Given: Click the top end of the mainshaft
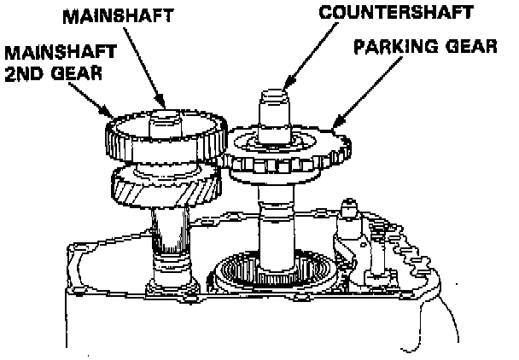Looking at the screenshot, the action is (167, 115).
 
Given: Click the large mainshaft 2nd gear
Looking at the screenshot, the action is (162, 136).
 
